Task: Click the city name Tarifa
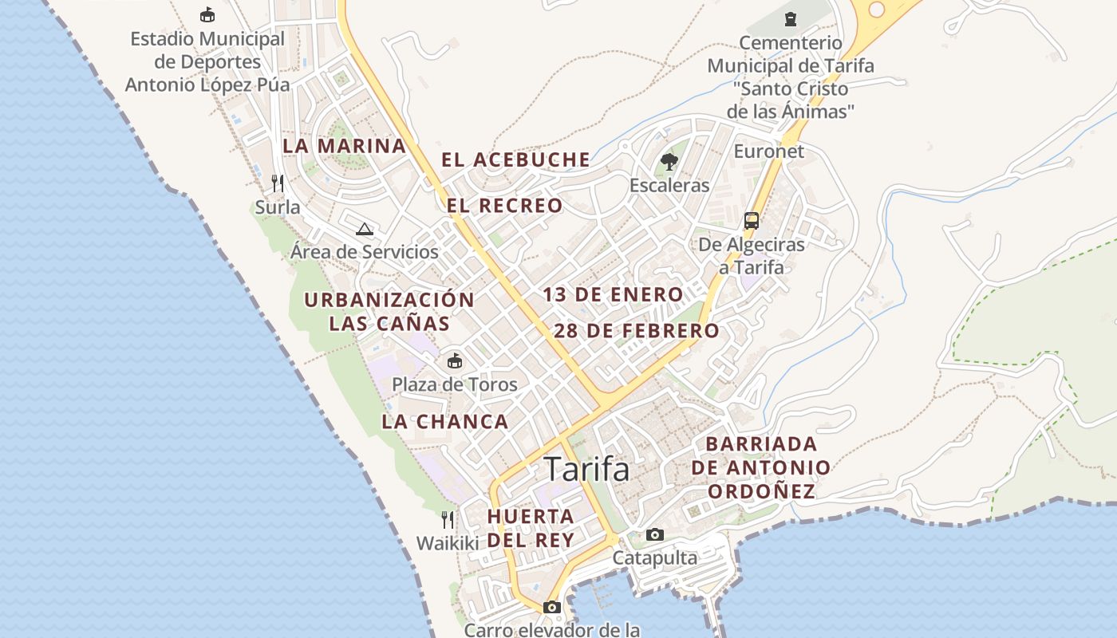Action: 586,469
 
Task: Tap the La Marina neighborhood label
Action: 345,146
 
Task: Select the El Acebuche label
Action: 516,159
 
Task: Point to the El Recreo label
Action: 504,206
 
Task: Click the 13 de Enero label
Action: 613,294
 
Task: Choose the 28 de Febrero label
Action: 636,330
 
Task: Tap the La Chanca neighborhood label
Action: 444,422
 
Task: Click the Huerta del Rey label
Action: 531,528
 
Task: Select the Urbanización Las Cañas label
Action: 389,312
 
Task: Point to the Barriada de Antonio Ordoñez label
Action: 761,467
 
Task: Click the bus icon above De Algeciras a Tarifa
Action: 751,220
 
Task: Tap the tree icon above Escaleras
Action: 669,163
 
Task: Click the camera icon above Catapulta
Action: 654,534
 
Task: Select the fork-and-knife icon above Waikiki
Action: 448,520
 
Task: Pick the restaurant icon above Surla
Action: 278,183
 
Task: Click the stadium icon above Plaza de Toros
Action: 454,360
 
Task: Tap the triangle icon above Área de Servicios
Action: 365,230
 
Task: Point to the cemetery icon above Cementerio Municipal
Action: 790,18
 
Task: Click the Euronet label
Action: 768,151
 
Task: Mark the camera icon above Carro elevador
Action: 551,607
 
